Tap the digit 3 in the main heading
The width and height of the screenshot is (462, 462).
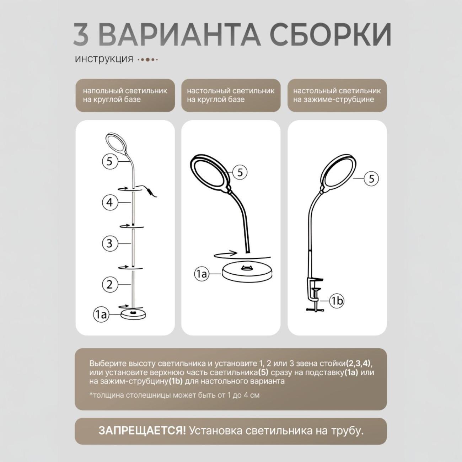coord(81,35)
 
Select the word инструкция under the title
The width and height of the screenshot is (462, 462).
coord(104,59)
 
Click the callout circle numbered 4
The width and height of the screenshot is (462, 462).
coord(109,202)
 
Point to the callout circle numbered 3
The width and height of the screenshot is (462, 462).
coord(109,243)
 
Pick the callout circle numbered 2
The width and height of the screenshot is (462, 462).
coord(109,284)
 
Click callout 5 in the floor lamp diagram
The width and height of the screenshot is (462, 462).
coord(109,162)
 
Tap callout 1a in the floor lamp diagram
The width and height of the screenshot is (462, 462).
coord(101,315)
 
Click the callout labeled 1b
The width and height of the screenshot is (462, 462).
coord(336,301)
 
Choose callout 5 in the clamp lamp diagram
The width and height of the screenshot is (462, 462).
coord(371,178)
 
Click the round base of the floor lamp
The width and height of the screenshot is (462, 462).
coord(133,314)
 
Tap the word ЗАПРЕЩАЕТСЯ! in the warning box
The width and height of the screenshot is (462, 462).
coord(142,431)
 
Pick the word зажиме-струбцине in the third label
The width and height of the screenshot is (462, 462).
coord(341,100)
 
